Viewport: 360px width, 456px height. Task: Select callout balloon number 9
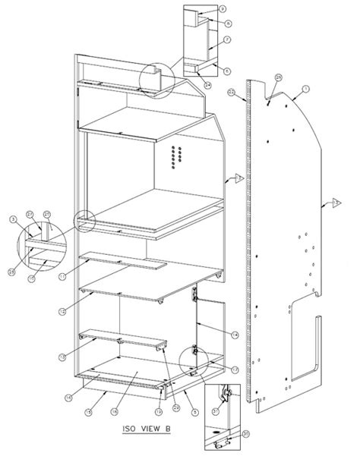pos(223,8)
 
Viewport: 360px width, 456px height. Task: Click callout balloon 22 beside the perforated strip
pos(231,92)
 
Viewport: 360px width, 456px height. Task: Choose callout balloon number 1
pos(305,90)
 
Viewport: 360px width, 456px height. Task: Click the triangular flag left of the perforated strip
pos(236,178)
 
